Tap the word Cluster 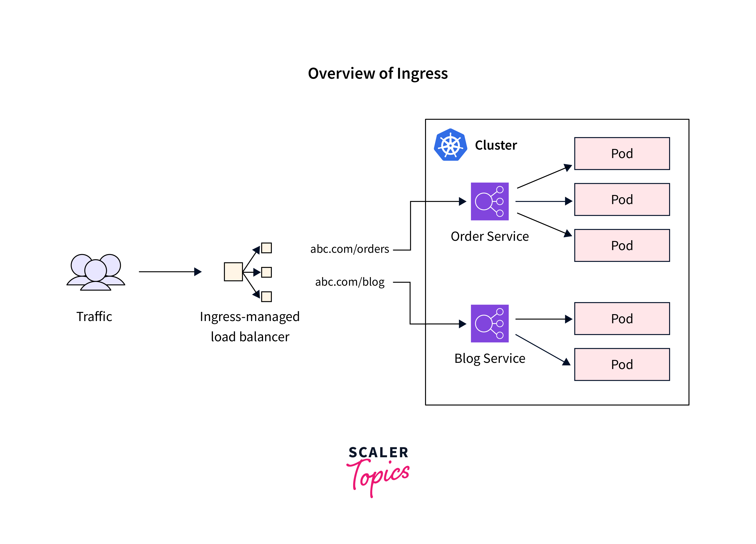[496, 145]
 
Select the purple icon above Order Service [489, 201]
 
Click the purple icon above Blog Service [489, 323]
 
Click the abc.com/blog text [349, 282]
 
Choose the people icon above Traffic [96, 272]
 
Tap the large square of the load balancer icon [233, 272]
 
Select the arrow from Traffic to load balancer [170, 272]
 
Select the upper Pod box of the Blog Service [622, 319]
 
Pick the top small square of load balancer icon [266, 248]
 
